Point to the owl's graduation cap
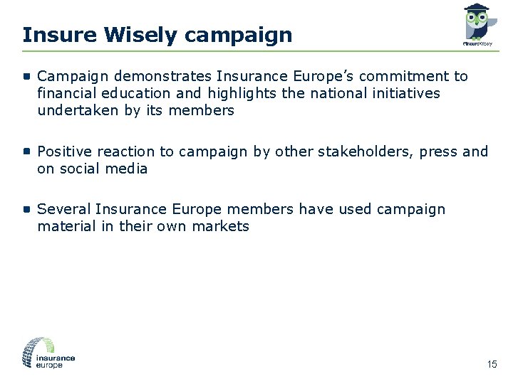click(x=476, y=8)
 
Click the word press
click(x=435, y=151)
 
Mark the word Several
click(x=63, y=209)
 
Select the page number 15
click(x=492, y=365)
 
